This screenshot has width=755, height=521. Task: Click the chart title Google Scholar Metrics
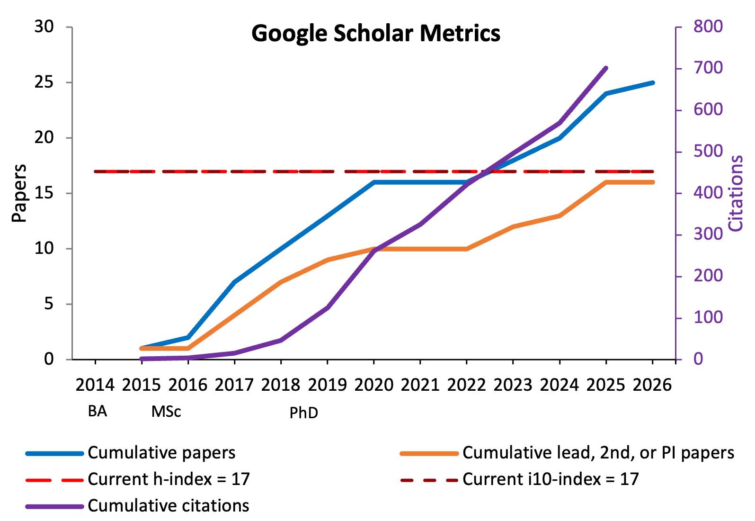[x=376, y=34]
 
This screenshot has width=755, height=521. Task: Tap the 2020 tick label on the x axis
[x=374, y=385]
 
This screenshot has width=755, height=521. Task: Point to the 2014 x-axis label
[x=95, y=385]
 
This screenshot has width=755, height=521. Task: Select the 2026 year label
[x=652, y=385]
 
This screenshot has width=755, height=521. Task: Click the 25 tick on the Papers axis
[x=44, y=82]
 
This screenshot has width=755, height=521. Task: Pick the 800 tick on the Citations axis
[x=708, y=27]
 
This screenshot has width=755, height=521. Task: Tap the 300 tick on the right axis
[x=708, y=234]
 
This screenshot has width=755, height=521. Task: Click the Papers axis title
[x=19, y=193]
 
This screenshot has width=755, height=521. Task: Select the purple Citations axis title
[x=736, y=193]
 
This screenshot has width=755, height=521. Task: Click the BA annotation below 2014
[x=98, y=411]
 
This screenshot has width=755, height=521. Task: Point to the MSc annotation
[x=166, y=412]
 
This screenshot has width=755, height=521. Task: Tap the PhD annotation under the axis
[x=303, y=413]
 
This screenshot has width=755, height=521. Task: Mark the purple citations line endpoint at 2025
[x=606, y=68]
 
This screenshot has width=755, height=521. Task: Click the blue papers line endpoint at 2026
[x=653, y=83]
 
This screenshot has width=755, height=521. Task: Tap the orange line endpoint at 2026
[x=653, y=182]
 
